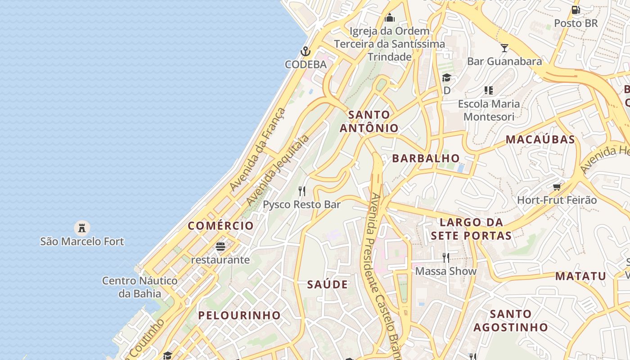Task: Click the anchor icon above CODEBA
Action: (x=306, y=51)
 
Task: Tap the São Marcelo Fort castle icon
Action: (x=82, y=228)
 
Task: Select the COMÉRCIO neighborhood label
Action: (x=220, y=225)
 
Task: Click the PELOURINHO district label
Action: (x=239, y=315)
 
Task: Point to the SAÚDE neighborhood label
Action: (x=328, y=284)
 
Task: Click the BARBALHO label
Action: (x=426, y=158)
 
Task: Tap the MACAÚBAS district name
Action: (x=540, y=139)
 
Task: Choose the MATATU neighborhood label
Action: (x=580, y=276)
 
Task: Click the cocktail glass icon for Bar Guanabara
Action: (x=504, y=48)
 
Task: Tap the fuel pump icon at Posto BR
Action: (x=576, y=10)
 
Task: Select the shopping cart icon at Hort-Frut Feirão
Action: (x=557, y=187)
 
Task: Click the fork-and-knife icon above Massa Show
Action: (x=445, y=257)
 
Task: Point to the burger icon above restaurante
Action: (x=220, y=246)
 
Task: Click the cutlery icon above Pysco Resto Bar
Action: (x=302, y=191)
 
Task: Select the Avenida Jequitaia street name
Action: (x=278, y=170)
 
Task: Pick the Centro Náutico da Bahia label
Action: (x=139, y=287)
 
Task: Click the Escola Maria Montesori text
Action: (x=489, y=110)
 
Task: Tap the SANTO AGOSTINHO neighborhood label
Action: (x=510, y=320)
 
